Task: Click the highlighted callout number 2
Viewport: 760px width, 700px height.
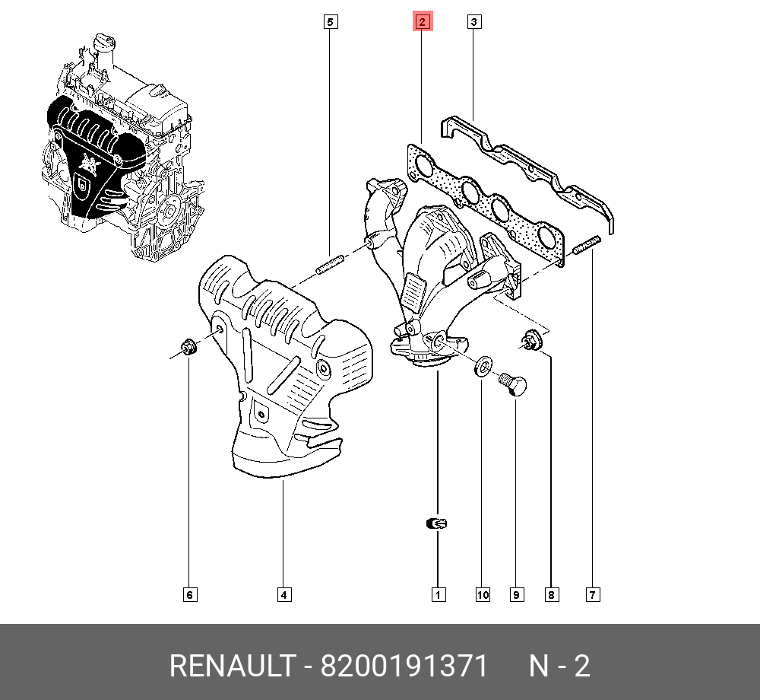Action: (x=422, y=21)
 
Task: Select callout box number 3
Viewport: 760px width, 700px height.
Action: (x=473, y=22)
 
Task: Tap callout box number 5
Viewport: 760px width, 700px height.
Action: (x=330, y=22)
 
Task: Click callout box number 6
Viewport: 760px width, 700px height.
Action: (x=190, y=594)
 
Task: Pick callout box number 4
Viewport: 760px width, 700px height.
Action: (x=283, y=594)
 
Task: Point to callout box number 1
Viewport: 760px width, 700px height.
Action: (x=438, y=594)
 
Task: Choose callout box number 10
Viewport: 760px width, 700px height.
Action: (x=483, y=594)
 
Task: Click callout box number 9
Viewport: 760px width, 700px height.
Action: (x=516, y=594)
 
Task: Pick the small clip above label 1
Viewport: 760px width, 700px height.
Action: (x=437, y=523)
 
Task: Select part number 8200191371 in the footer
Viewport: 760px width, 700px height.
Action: (x=404, y=667)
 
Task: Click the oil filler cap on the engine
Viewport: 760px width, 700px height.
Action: (x=103, y=43)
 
